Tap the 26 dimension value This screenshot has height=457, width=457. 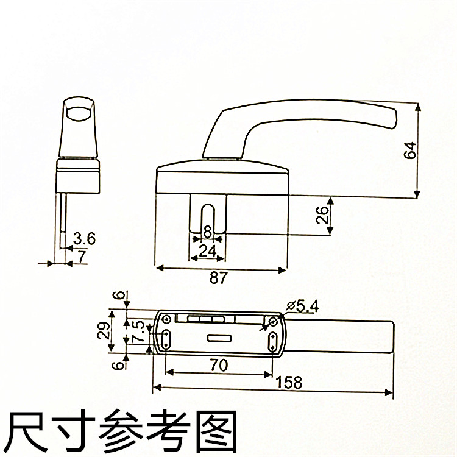click(323, 214)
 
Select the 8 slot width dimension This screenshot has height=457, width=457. click(208, 232)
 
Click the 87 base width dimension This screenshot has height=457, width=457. click(219, 277)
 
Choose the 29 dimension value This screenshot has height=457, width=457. click(104, 330)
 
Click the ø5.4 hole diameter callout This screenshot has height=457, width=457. click(302, 305)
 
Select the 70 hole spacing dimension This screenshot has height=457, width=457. click(219, 365)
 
